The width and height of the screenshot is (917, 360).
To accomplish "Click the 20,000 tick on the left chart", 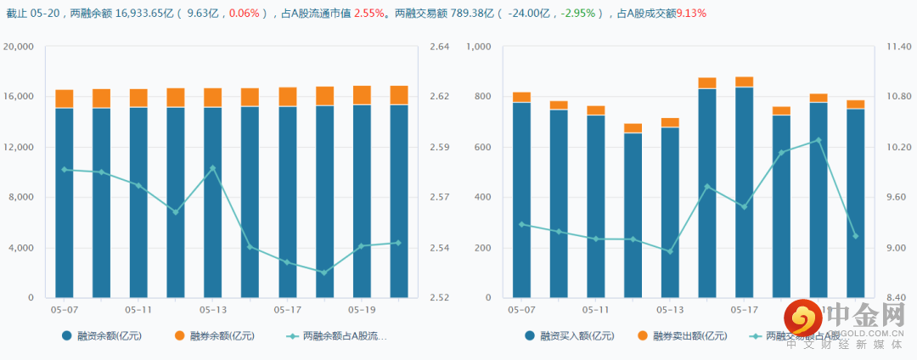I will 19,47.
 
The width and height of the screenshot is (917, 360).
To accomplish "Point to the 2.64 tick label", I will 439,47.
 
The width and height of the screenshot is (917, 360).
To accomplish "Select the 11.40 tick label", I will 898,47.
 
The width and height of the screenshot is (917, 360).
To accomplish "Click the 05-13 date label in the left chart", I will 213,310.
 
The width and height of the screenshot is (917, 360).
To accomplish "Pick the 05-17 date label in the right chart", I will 744,310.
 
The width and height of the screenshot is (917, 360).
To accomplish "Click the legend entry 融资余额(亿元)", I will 101,336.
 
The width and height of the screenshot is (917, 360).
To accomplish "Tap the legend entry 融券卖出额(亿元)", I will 689,336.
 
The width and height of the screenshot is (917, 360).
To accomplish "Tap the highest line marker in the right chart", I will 819,139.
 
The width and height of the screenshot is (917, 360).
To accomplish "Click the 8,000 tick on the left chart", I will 21,198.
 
